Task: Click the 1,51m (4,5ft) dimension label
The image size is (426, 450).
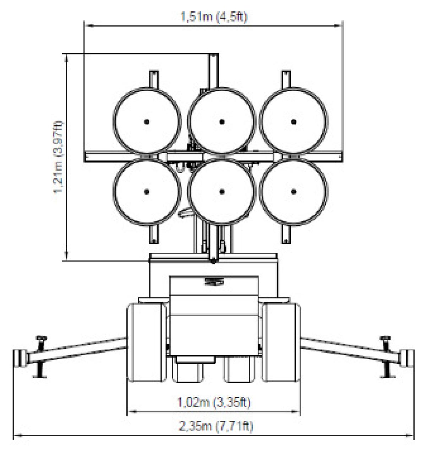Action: (x=214, y=17)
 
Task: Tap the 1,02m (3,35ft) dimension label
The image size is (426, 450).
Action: (x=214, y=402)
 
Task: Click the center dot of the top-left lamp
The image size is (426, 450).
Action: (x=147, y=122)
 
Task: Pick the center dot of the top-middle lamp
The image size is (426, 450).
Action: (x=222, y=122)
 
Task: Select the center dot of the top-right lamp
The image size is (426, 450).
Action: (x=293, y=122)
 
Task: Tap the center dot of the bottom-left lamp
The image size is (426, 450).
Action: (x=147, y=192)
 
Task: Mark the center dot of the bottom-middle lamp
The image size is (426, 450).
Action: (x=222, y=192)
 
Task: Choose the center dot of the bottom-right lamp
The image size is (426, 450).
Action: (x=293, y=192)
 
